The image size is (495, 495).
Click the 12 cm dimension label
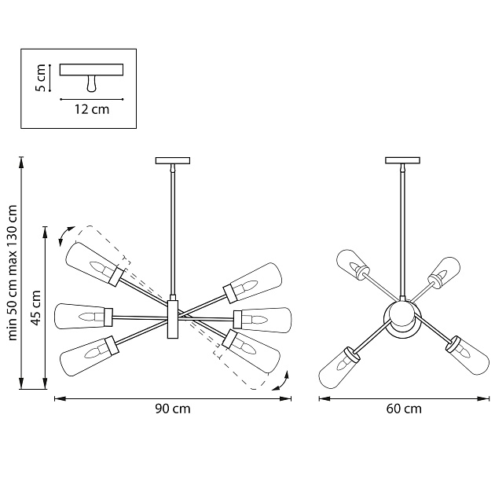92,110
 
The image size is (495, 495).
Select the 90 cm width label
173,409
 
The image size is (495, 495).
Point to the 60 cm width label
404,409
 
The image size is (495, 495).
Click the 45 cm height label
35,307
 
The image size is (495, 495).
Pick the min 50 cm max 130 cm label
12,273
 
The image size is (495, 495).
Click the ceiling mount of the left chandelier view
173,161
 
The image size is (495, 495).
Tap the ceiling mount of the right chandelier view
403,161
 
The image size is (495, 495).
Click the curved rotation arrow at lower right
280,382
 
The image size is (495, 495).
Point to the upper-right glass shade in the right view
445,272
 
